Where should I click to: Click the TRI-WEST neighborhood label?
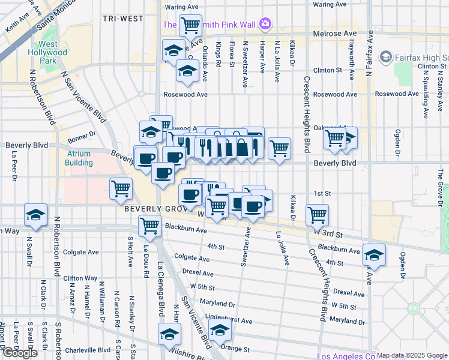(122, 19)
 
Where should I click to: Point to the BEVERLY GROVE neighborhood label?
(157, 209)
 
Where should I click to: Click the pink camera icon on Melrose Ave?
(265, 25)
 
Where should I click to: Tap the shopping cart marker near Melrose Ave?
(190, 26)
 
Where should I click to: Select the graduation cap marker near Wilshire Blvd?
(169, 334)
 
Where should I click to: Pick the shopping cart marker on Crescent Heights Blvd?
(317, 214)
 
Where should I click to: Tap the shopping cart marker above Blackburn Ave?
(149, 226)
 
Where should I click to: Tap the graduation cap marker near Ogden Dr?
(374, 255)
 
